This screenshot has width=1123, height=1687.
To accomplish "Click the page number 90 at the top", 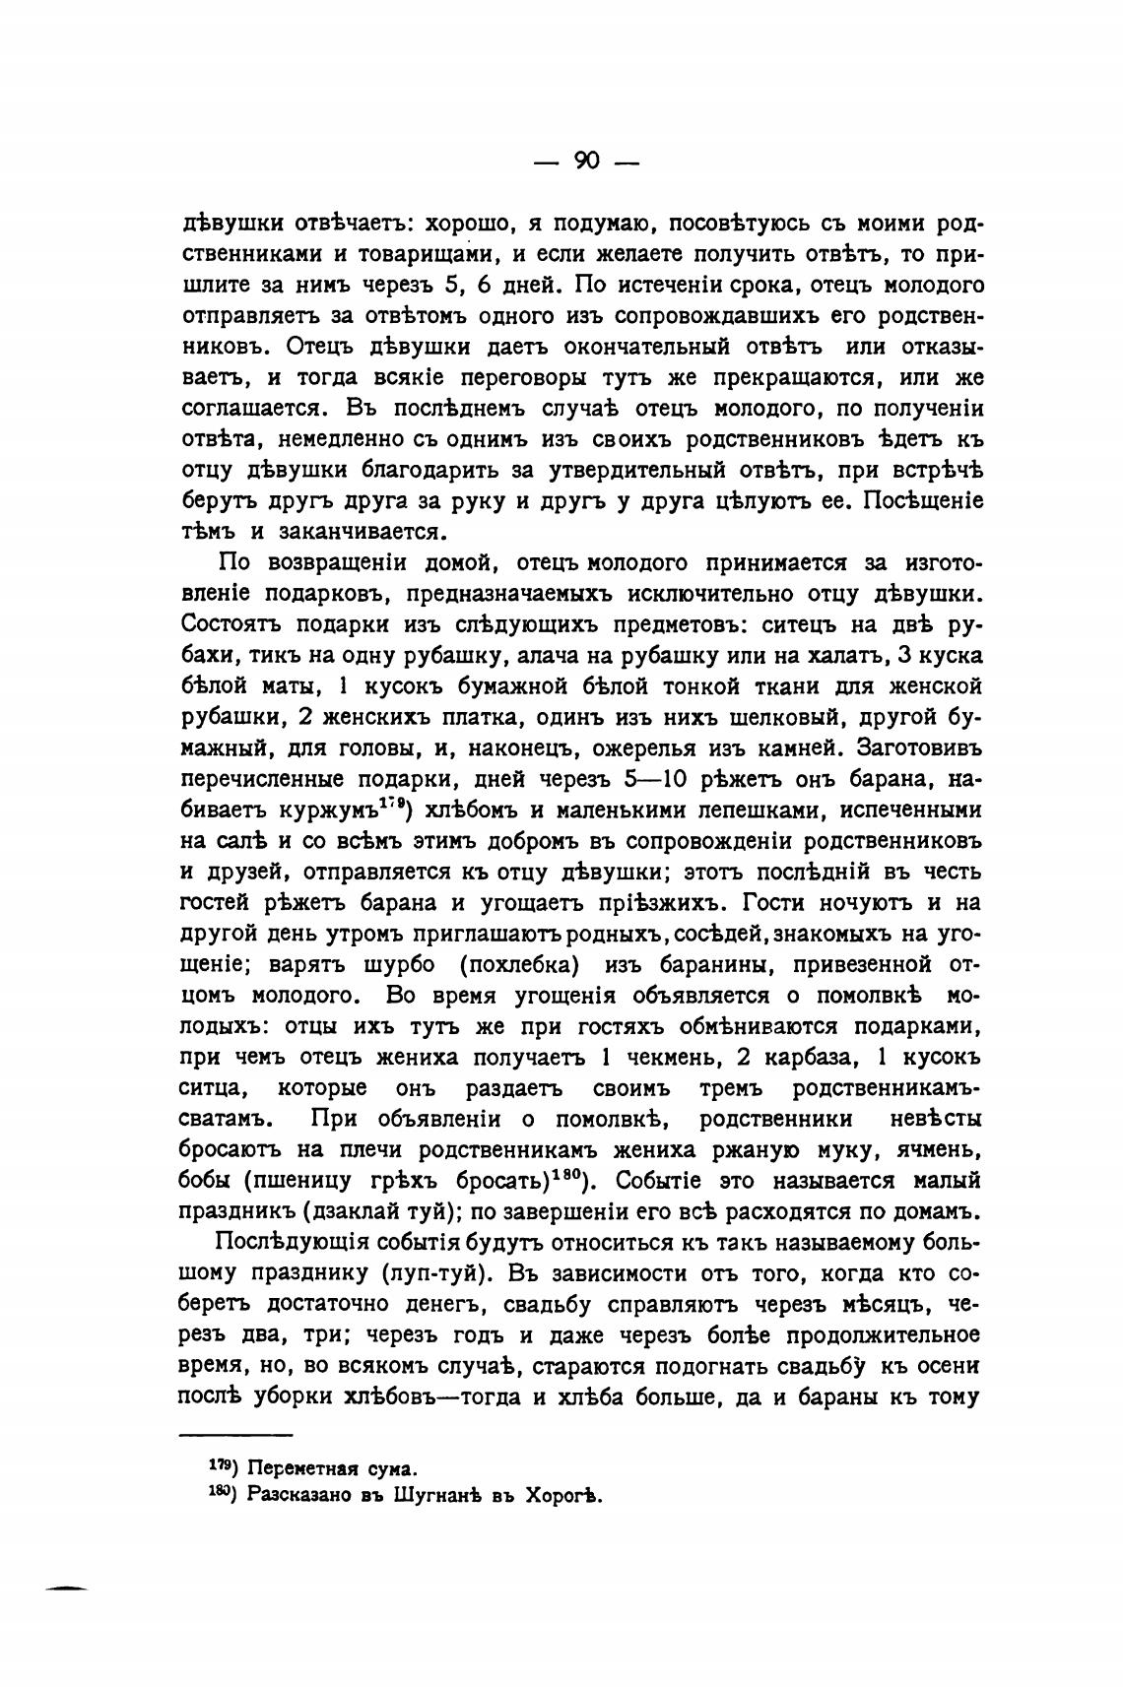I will [586, 162].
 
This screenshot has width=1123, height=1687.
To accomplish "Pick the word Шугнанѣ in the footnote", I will [434, 1495].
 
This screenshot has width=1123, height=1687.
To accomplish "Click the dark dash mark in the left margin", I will [67, 1589].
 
